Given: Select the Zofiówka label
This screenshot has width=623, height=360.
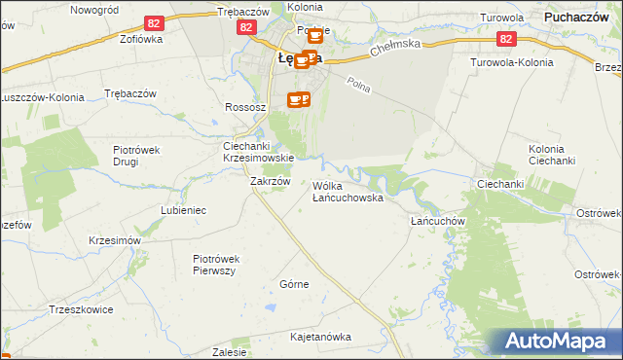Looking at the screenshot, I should pos(114,40).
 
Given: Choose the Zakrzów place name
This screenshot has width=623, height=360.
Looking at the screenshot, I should pos(271,181).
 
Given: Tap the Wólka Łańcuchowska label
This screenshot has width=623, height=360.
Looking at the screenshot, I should pos(348,191).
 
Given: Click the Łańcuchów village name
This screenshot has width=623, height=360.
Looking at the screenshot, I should pos(434,220).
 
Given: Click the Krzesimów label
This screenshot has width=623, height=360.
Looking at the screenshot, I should pos(115,240).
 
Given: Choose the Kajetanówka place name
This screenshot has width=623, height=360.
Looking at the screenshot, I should pos(320,337).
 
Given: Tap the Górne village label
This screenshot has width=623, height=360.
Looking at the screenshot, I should pos(294,284).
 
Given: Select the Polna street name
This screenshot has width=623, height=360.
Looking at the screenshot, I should pos(359,87).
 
